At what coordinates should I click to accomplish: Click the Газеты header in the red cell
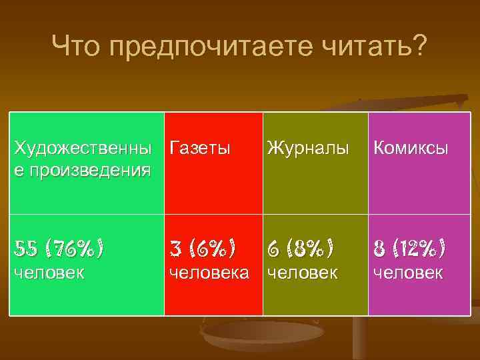[x=200, y=148]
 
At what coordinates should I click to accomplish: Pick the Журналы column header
[x=307, y=148]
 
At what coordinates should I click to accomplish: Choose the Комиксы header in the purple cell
[x=410, y=148]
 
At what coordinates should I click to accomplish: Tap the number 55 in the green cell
[x=25, y=249]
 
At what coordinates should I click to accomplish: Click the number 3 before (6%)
[x=176, y=249]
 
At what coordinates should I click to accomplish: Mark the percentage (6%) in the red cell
[x=211, y=249]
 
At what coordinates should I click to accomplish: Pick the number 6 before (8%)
[x=274, y=249]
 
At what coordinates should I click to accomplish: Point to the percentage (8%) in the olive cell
[x=309, y=249]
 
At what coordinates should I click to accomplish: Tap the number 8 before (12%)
[x=379, y=249]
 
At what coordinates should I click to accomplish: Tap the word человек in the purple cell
[x=408, y=273]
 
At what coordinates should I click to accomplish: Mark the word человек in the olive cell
[x=302, y=273]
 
